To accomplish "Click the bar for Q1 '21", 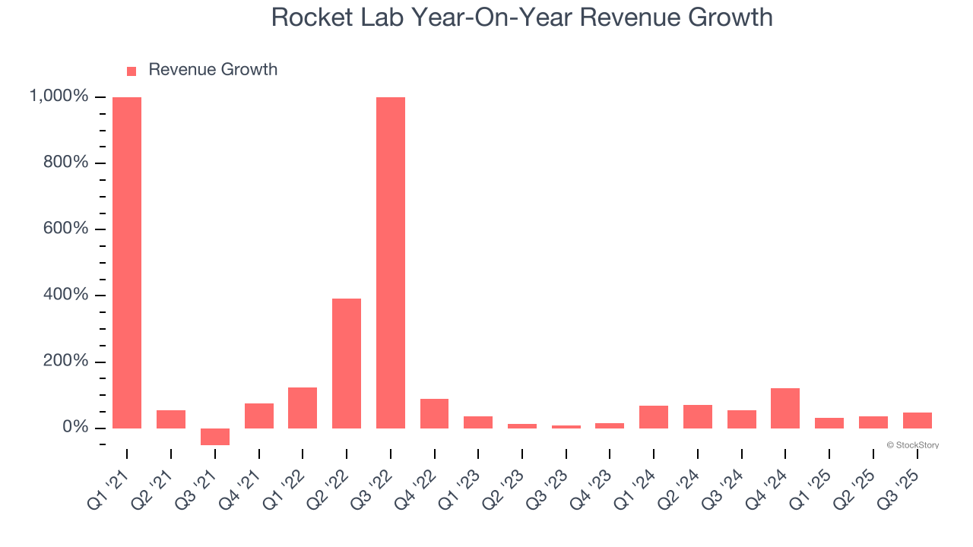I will [x=127, y=262].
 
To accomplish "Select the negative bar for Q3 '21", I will [x=215, y=437].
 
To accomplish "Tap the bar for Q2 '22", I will [x=347, y=363].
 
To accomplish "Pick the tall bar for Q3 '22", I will [x=391, y=262].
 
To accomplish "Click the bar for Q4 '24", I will [x=785, y=408].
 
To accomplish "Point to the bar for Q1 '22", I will [x=303, y=408].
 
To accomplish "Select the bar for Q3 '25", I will [x=917, y=420].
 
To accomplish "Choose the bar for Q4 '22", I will [x=434, y=413].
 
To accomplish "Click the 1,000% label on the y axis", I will [x=59, y=96].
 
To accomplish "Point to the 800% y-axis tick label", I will [x=66, y=163].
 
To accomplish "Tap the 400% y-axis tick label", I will [x=66, y=295].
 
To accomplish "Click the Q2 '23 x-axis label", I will [x=508, y=486].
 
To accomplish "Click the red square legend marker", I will [x=132, y=71].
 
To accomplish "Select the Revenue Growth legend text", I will [x=213, y=70].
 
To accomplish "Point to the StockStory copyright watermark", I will [x=912, y=445].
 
